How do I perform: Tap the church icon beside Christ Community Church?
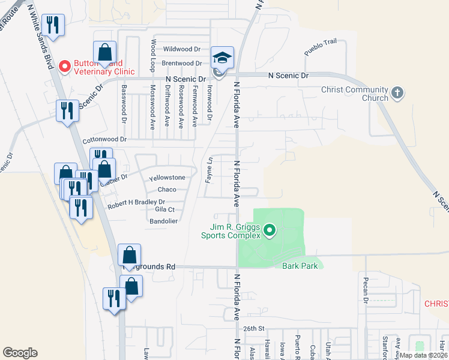(x=397, y=93)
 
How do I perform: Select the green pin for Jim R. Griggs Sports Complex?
(x=270, y=229)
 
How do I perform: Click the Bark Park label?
(x=295, y=266)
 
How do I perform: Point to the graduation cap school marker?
(x=222, y=58)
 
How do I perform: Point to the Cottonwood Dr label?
(x=106, y=139)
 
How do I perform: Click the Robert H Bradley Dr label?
(x=136, y=204)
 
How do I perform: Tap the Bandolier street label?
(x=163, y=221)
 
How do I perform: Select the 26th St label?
(x=254, y=329)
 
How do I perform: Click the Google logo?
(x=20, y=353)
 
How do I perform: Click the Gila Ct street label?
(x=164, y=209)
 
